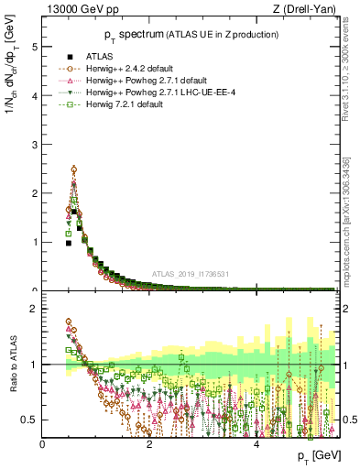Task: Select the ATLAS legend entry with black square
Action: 100,58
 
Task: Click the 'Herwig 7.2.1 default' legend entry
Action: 129,105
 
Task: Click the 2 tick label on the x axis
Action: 149,444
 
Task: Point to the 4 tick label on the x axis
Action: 257,444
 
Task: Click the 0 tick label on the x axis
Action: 42,444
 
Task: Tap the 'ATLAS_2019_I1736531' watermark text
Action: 197,274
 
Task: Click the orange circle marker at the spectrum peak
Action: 73,169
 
